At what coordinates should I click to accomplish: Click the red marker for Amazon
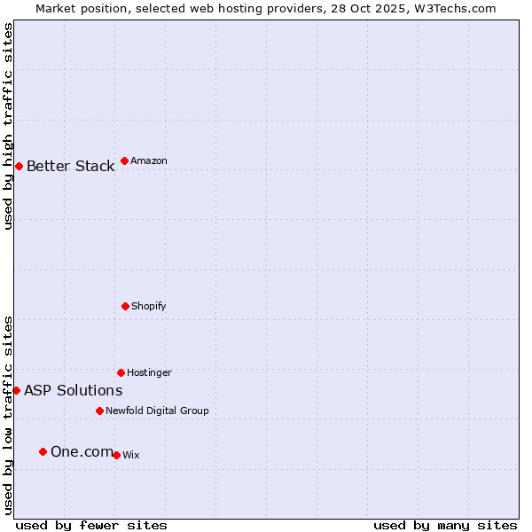(124, 160)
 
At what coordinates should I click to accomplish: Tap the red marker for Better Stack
(19, 166)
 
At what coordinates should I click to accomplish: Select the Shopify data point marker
(125, 306)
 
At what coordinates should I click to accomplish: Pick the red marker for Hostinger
(121, 372)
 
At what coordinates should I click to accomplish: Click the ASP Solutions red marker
(16, 390)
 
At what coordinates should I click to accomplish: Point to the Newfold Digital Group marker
(99, 411)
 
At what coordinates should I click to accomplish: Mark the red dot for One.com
(43, 451)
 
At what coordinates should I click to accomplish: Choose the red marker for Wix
(116, 455)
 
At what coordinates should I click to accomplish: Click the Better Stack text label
(70, 167)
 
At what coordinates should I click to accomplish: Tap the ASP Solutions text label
(73, 390)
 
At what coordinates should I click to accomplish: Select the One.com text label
(82, 452)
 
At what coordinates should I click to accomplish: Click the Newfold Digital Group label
(157, 411)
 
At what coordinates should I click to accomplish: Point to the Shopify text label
(148, 306)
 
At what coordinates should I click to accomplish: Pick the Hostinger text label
(149, 372)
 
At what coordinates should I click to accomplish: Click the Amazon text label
(148, 160)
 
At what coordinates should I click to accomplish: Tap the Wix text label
(130, 455)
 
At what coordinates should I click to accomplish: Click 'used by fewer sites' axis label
(91, 525)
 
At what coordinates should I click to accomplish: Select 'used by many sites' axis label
(445, 525)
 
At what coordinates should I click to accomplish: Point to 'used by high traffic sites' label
(8, 126)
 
